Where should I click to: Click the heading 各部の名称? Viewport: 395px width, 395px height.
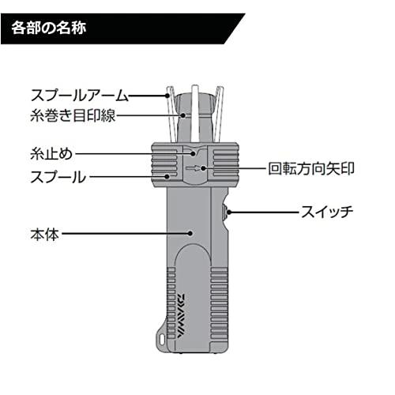[x=49, y=28]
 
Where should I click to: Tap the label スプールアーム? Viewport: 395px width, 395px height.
[x=80, y=96]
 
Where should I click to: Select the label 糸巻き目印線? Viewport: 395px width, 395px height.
[x=73, y=115]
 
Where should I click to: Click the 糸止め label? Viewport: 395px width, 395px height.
[x=51, y=153]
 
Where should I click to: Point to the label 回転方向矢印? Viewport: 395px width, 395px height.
[x=311, y=168]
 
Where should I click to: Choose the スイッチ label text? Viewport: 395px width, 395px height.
[x=327, y=212]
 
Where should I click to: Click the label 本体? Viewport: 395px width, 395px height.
[x=45, y=234]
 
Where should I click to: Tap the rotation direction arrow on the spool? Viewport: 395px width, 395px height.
[x=193, y=168]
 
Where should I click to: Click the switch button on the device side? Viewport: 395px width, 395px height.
[x=225, y=213]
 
